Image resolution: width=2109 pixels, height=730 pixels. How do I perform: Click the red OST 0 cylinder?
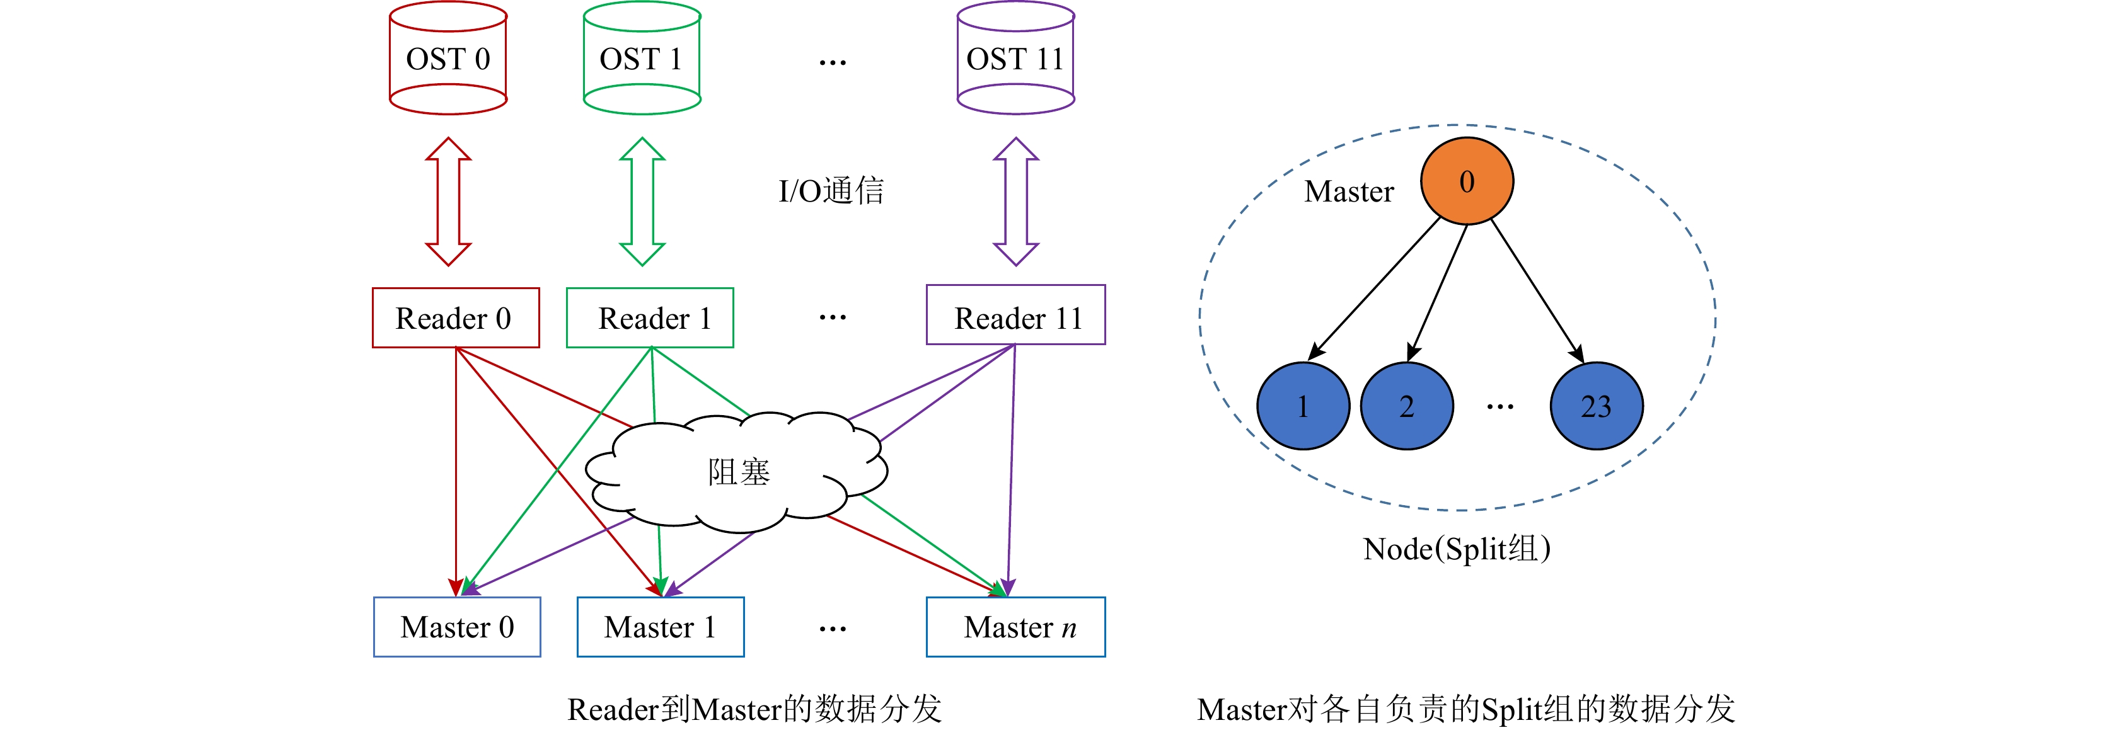448,59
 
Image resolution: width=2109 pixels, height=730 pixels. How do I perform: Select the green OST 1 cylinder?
642,59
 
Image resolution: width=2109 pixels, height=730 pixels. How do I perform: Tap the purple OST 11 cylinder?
1015,59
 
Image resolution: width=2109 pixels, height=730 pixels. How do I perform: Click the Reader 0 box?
455,317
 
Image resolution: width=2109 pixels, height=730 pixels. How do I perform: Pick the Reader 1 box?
650,317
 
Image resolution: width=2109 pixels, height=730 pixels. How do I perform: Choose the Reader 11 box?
1015,316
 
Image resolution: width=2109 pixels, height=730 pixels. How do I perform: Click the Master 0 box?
457,627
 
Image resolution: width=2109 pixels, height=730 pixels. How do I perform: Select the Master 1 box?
660,627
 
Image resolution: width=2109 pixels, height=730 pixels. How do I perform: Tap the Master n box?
1015,627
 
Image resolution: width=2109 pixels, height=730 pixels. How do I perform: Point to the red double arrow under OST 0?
448,202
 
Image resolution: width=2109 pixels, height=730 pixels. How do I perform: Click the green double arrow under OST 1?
642,202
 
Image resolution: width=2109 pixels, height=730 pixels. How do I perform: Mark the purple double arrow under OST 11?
1015,202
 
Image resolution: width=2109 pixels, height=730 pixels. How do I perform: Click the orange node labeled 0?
1466,181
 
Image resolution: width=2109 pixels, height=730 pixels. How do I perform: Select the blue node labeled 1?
1303,406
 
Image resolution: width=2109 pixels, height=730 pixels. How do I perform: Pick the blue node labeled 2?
1407,406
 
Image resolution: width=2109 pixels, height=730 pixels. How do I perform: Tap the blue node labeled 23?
1596,406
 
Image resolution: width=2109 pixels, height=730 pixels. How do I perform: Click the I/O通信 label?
830,191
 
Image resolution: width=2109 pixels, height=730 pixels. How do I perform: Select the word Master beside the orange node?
1348,191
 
